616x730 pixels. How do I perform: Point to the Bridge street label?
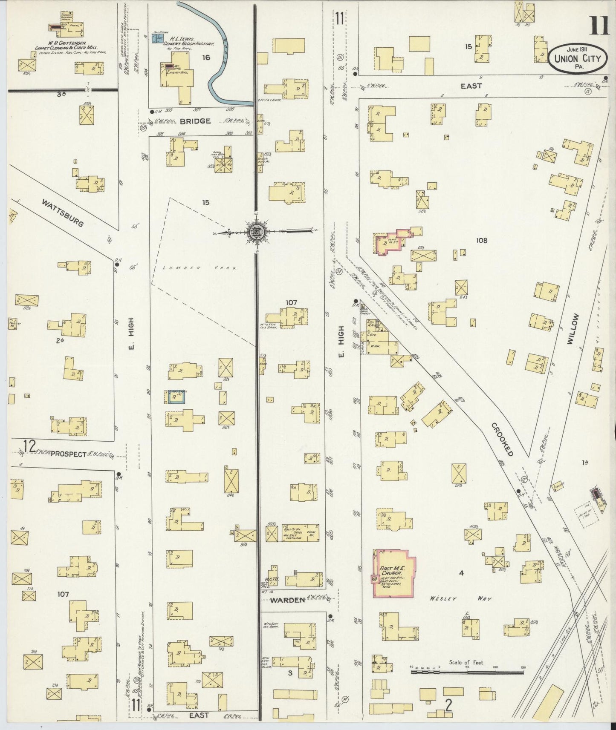(x=195, y=121)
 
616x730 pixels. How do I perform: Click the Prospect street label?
(x=68, y=454)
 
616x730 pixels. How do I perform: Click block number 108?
(x=482, y=240)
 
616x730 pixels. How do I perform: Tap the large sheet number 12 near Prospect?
(x=29, y=446)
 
